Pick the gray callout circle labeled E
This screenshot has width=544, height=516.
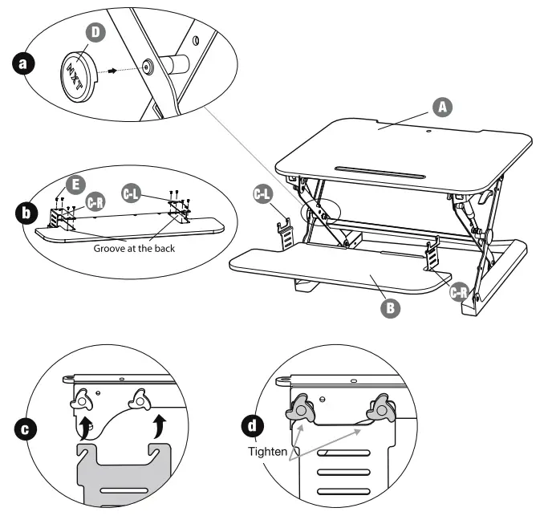click(73, 185)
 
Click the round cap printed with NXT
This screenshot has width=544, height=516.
click(78, 75)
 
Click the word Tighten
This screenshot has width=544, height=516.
click(267, 452)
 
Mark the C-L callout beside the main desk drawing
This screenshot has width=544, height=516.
click(263, 193)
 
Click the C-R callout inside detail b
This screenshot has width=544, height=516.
click(96, 201)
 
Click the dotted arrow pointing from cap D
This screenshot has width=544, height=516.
click(117, 70)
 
